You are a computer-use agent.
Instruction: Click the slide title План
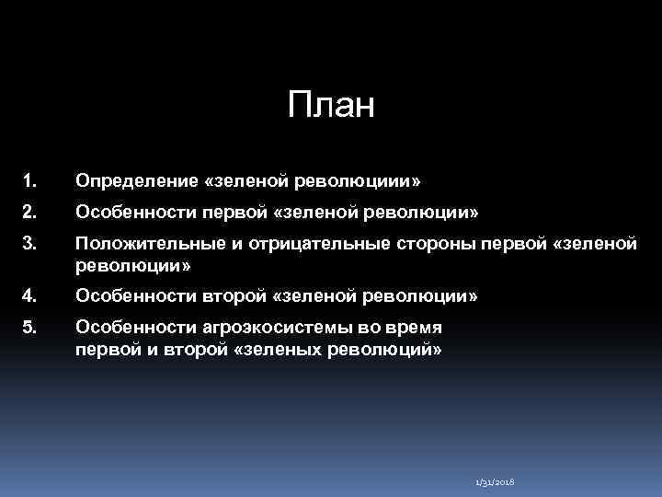point(331,106)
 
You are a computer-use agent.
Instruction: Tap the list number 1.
point(29,179)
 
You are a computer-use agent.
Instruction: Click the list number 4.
point(30,296)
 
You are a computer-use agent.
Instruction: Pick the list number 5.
point(30,329)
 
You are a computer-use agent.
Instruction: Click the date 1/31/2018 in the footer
point(495,482)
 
